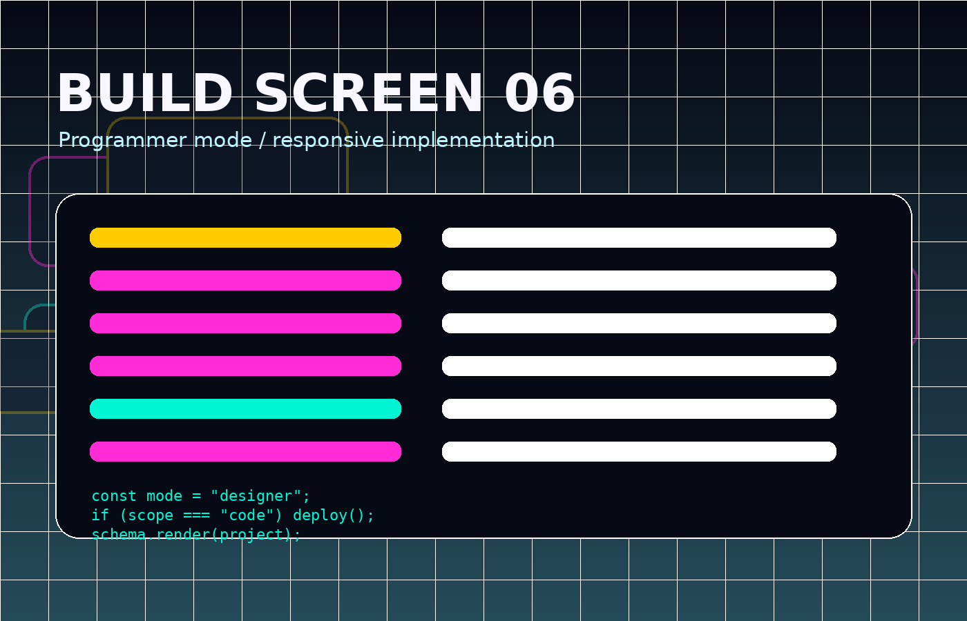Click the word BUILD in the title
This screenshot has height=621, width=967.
[145, 93]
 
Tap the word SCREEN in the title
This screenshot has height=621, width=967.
[369, 93]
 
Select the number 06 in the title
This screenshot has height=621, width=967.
[539, 93]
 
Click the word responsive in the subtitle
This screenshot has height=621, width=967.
[328, 140]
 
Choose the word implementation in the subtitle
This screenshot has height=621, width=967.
[472, 140]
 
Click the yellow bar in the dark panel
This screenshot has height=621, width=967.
[246, 237]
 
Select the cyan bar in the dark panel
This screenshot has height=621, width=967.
[246, 408]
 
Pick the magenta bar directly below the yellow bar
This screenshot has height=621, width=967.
[246, 280]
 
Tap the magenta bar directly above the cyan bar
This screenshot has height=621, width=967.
[246, 366]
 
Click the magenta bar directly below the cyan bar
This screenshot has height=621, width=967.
[246, 451]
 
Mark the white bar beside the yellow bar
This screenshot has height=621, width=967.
[639, 237]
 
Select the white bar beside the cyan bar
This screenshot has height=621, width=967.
[639, 408]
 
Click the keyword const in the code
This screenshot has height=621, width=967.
[114, 496]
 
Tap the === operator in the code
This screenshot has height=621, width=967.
[196, 515]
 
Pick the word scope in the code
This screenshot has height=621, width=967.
[151, 516]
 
